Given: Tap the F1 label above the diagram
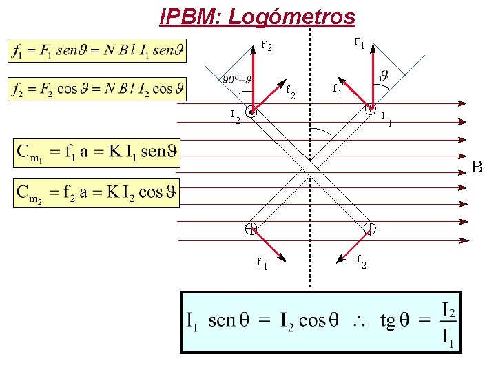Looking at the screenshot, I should pos(359,43).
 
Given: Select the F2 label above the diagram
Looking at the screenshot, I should pos(267,47).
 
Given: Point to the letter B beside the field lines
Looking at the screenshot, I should pos(477,167).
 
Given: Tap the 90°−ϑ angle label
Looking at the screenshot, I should pos(236,79).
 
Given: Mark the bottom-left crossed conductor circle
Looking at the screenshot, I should pos(251,229).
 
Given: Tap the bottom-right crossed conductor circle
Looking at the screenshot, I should pos(370,228).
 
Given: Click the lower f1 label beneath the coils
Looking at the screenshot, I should pos(262,263).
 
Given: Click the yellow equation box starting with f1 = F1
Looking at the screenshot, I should pos(97,52).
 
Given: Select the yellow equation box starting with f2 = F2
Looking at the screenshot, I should pos(97,89).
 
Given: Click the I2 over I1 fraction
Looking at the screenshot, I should pos(446,322).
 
